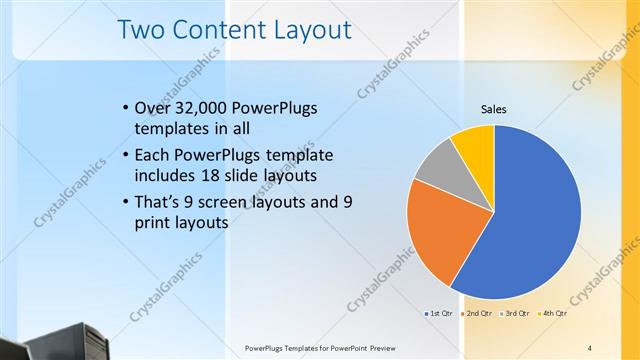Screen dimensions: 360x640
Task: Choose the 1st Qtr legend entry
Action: pyautogui.click(x=439, y=314)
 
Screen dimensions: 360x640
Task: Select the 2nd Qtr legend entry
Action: pyautogui.click(x=478, y=314)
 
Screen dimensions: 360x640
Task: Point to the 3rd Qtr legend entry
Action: pyautogui.click(x=516, y=314)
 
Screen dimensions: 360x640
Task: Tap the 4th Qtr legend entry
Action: pyautogui.click(x=554, y=314)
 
